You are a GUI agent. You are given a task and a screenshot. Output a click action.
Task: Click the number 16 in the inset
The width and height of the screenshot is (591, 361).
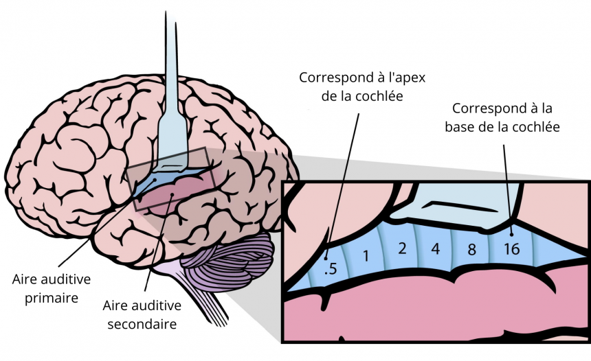(512, 249)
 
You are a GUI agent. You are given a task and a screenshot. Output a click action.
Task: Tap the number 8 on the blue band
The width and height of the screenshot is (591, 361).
(471, 250)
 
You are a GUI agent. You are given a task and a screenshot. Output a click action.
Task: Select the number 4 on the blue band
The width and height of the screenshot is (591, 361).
(436, 249)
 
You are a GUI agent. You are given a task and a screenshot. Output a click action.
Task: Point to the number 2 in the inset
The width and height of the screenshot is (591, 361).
(402, 248)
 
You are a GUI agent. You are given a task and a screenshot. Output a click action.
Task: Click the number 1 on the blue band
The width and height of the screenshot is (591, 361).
(366, 256)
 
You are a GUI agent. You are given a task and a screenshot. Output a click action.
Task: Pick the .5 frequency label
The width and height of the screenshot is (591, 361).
(331, 269)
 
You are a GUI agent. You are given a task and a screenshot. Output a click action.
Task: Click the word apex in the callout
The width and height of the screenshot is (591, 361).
(412, 78)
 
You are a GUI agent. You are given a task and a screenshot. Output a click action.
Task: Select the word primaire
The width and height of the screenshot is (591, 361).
(52, 298)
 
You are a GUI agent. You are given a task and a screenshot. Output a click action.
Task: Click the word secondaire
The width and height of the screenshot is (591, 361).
(142, 324)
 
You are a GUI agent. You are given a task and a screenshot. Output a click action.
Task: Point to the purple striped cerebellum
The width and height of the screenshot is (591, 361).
(229, 263)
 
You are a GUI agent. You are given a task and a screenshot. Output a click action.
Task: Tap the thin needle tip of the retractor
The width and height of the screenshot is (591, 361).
(166, 13)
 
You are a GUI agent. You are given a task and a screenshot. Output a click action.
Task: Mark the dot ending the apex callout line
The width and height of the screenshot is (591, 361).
(326, 259)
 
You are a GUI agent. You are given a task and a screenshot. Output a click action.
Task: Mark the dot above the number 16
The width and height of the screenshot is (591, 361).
(511, 234)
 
